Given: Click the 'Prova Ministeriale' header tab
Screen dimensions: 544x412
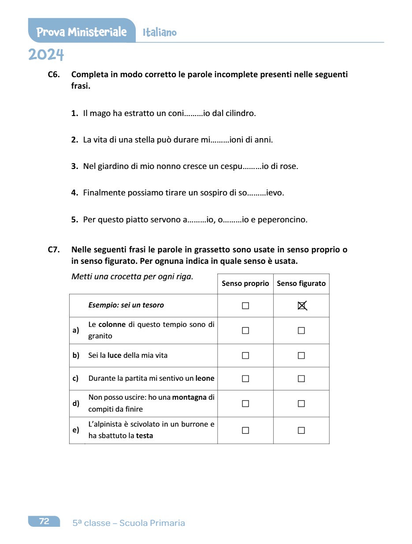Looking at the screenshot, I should [82, 32].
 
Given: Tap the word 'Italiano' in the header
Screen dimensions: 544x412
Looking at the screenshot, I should [160, 32].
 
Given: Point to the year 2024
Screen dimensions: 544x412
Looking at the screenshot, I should [46, 55].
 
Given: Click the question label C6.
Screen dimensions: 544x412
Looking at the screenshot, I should [54, 75].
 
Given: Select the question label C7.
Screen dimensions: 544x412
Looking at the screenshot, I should [54, 250].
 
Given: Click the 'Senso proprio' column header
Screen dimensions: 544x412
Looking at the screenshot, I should [245, 284].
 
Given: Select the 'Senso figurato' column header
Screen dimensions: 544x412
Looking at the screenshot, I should [301, 284].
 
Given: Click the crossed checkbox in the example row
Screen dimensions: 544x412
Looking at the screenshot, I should [301, 305].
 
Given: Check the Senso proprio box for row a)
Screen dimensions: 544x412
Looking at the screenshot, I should [245, 330].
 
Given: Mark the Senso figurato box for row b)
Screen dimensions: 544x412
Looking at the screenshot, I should [301, 356].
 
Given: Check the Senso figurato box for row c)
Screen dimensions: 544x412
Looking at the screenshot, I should [301, 379].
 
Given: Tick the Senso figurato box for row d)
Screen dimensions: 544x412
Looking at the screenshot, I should [301, 403].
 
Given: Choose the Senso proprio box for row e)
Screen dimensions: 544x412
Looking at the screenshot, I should [245, 430].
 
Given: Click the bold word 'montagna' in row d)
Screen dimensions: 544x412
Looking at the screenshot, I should [189, 397].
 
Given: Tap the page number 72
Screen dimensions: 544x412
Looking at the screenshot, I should [44, 521].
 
